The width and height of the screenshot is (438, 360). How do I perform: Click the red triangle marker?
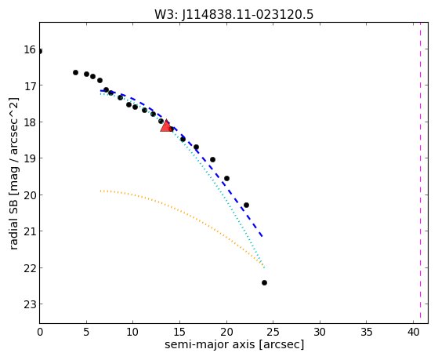pyautogui.click(x=166, y=125)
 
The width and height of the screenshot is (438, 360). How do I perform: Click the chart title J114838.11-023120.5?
pyautogui.click(x=233, y=15)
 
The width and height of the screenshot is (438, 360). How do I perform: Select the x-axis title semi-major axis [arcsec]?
pyautogui.click(x=234, y=344)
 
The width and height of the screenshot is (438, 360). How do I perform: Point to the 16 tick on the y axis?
pyautogui.click(x=29, y=49)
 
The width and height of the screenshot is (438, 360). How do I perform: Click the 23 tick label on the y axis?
pyautogui.click(x=29, y=304)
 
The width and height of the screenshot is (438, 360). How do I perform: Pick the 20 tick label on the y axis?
pyautogui.click(x=29, y=195)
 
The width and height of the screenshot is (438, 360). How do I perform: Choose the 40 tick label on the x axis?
pyautogui.click(x=414, y=332)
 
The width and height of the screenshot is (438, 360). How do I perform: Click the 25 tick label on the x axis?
pyautogui.click(x=273, y=332)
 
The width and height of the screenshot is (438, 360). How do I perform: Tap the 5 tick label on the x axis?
pyautogui.click(x=86, y=332)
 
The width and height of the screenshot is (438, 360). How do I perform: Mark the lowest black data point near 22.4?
pyautogui.click(x=264, y=283)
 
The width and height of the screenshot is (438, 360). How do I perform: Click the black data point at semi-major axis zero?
pyautogui.click(x=40, y=51)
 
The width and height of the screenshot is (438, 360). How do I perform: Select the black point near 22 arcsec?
pyautogui.click(x=246, y=205)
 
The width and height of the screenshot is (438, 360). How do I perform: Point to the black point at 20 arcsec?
pyautogui.click(x=226, y=179)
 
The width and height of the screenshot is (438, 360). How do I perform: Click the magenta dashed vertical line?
pyautogui.click(x=420, y=173)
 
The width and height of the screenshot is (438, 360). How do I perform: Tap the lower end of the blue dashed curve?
pyautogui.click(x=262, y=237)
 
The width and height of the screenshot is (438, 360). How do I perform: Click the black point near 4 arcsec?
pyautogui.click(x=75, y=72)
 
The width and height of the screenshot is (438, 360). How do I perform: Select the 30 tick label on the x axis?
pyautogui.click(x=320, y=332)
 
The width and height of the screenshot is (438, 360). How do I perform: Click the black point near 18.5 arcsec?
pyautogui.click(x=212, y=159)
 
